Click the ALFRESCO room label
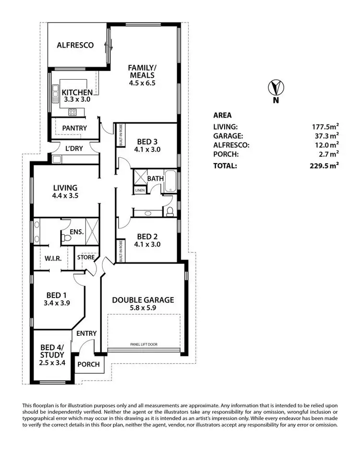click(74, 46)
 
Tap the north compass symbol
click(276, 88)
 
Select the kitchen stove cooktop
click(72, 112)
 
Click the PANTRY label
click(75, 128)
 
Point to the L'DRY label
click(74, 149)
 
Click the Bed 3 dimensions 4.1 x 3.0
click(148, 149)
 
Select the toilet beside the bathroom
click(169, 211)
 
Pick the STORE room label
click(86, 258)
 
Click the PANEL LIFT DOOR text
click(144, 344)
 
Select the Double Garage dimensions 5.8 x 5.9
click(143, 308)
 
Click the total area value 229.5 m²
click(324, 166)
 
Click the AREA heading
click(222, 115)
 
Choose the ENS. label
click(77, 232)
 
